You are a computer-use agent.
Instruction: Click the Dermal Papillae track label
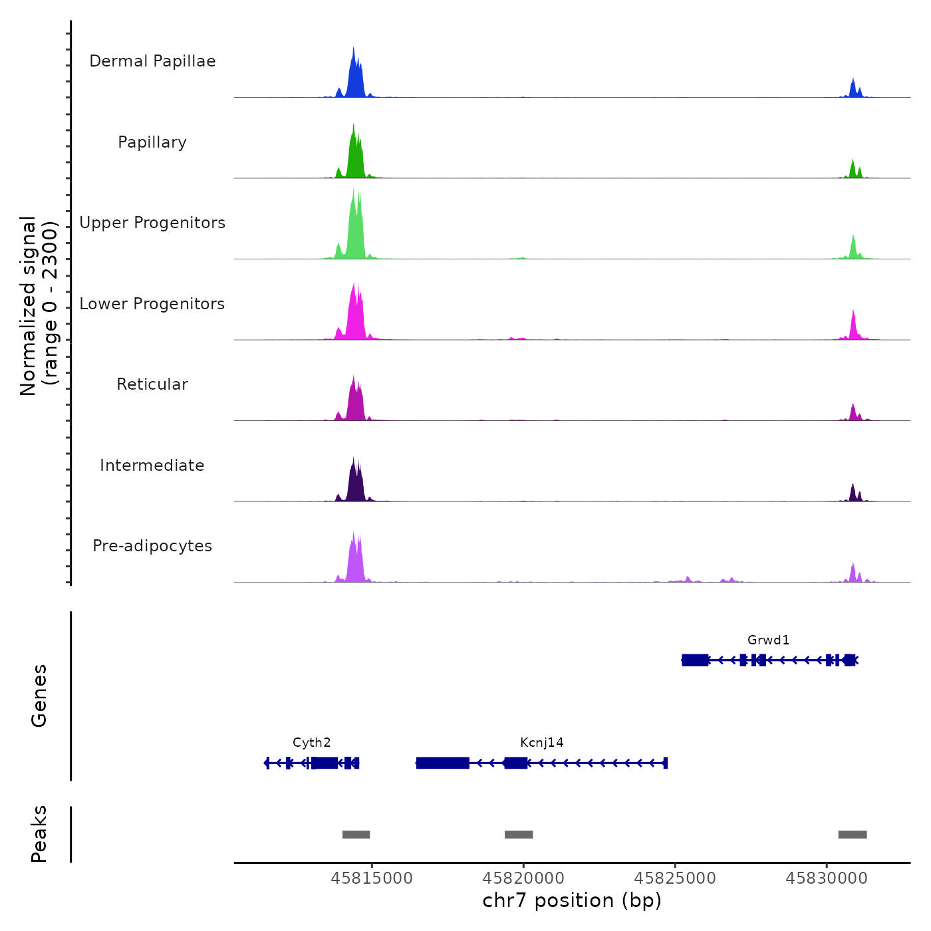(x=152, y=61)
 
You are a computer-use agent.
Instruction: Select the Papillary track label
(x=152, y=142)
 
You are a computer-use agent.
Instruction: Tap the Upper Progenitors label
(x=152, y=223)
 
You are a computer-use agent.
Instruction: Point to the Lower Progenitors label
(x=152, y=304)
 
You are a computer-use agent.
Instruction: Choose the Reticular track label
(x=152, y=384)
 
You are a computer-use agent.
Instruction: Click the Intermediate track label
(x=152, y=465)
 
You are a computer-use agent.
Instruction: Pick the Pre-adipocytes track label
(x=152, y=546)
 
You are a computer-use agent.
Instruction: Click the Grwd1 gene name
(x=768, y=640)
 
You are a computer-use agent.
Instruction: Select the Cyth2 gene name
(x=311, y=743)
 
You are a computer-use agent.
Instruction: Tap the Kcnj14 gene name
(x=542, y=743)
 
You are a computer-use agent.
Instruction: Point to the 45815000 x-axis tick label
(x=372, y=878)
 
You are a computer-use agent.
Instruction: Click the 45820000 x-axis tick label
(x=523, y=878)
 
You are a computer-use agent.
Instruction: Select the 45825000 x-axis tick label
(x=675, y=878)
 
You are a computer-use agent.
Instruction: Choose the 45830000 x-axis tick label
(x=827, y=878)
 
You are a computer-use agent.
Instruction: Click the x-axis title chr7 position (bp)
(x=572, y=900)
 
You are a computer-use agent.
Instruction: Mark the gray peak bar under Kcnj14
(x=519, y=835)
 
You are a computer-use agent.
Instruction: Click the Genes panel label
(x=39, y=696)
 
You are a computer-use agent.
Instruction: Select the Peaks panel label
(x=39, y=834)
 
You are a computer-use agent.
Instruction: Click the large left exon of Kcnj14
(x=443, y=763)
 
